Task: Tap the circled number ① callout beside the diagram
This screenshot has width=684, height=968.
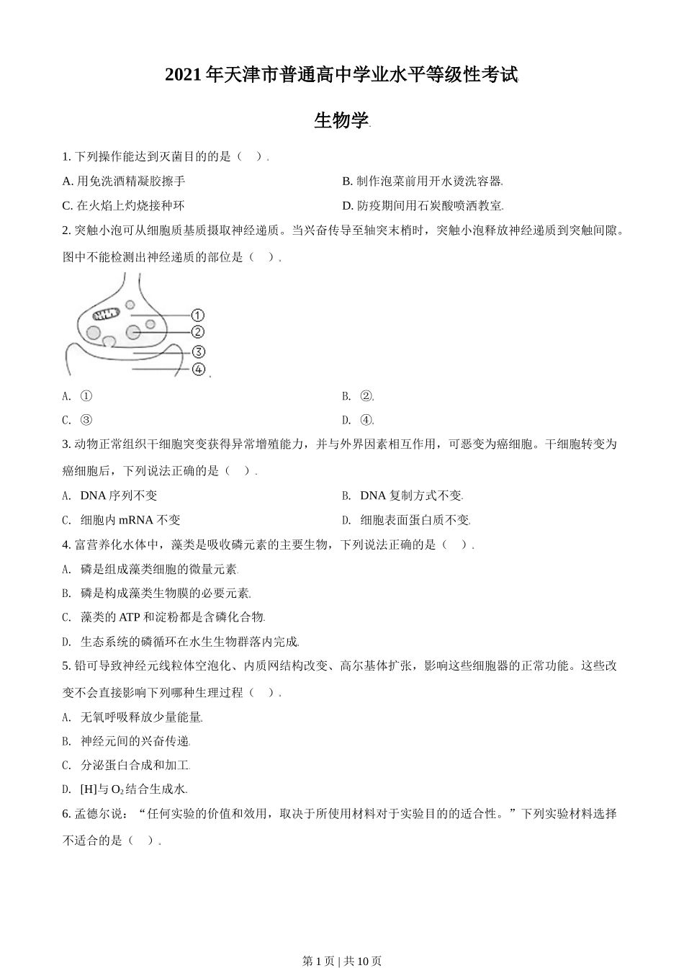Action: pyautogui.click(x=198, y=315)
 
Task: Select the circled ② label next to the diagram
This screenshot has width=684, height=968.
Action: pyautogui.click(x=198, y=332)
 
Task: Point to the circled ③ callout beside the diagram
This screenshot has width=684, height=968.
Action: pyautogui.click(x=198, y=352)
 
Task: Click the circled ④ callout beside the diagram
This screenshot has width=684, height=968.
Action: pyautogui.click(x=198, y=369)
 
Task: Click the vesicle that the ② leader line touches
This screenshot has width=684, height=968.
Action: pyautogui.click(x=133, y=332)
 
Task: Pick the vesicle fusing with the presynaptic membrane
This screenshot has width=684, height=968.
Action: pyautogui.click(x=109, y=341)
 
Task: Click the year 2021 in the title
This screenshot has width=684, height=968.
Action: pyautogui.click(x=184, y=75)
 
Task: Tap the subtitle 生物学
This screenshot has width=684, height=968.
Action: pyautogui.click(x=341, y=121)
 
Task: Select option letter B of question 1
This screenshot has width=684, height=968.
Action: pyautogui.click(x=346, y=181)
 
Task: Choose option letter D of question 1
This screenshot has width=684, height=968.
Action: pyautogui.click(x=346, y=206)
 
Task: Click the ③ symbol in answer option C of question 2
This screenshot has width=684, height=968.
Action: pyautogui.click(x=86, y=421)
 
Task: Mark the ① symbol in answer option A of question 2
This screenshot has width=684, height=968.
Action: pyautogui.click(x=86, y=396)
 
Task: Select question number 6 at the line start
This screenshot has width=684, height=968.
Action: pyautogui.click(x=66, y=814)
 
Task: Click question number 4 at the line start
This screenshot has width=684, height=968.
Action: pyautogui.click(x=66, y=544)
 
